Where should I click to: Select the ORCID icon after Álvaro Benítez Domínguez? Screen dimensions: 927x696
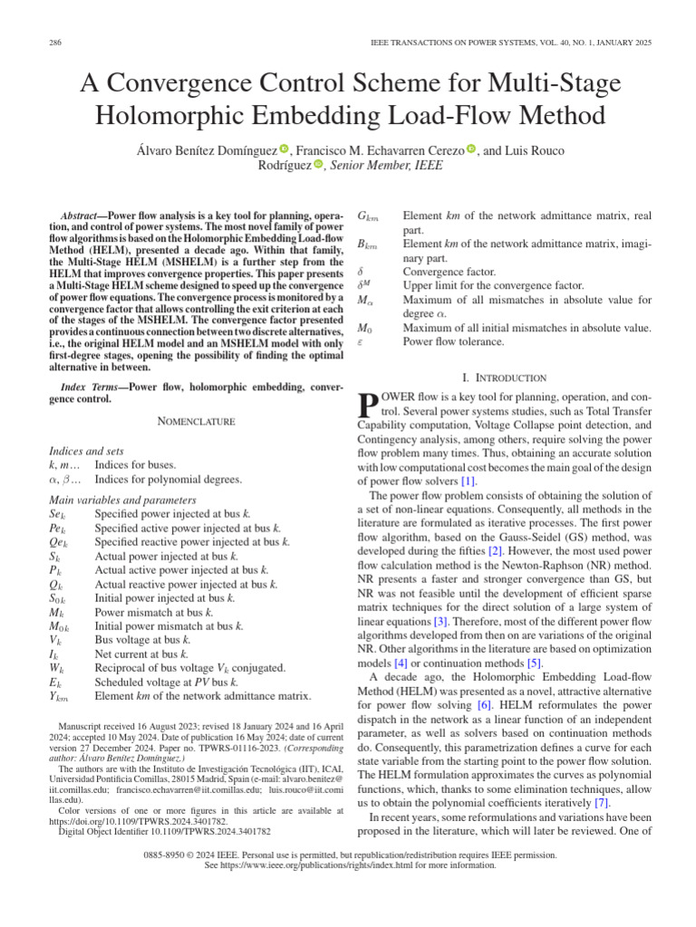click(284, 148)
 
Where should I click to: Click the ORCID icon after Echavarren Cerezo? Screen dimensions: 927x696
click(471, 148)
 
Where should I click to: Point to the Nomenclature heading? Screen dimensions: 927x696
click(197, 421)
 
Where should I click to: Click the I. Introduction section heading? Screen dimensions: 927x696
click(506, 377)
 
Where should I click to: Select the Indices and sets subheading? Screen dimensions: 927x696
click(86, 450)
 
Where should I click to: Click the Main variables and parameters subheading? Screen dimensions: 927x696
click(121, 500)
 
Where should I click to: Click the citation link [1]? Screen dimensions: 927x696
click(468, 481)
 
